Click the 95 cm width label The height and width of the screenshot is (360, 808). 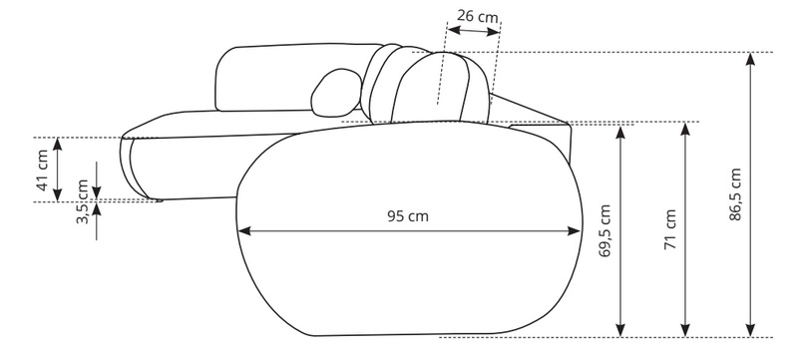click(408, 216)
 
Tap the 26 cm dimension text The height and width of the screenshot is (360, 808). click(478, 17)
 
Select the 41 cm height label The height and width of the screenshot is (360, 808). click(43, 170)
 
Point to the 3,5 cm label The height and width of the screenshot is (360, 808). click(83, 201)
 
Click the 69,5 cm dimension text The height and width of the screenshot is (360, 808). click(605, 230)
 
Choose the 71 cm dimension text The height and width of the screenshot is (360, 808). click(670, 229)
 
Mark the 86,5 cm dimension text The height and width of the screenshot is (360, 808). click(735, 194)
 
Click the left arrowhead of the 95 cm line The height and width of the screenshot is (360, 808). click(244, 230)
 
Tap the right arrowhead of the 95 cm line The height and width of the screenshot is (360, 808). click(574, 230)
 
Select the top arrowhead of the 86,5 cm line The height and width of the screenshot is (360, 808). click(750, 59)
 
